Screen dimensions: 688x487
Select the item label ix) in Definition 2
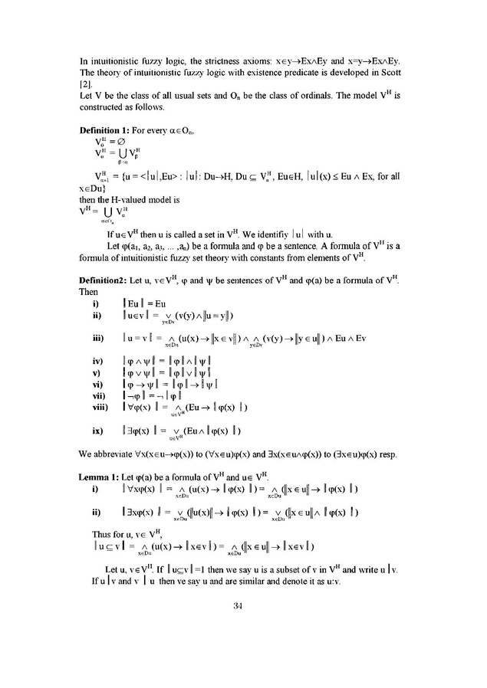[x=97, y=431]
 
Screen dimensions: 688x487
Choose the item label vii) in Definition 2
[x=98, y=388]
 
